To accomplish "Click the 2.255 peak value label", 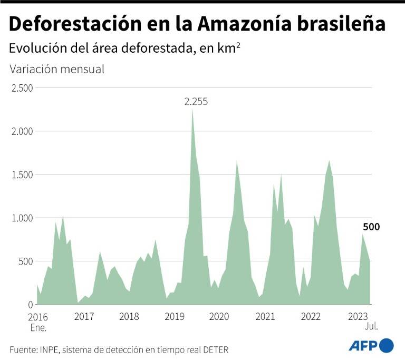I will click(196, 101).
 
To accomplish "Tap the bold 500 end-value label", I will click(371, 227).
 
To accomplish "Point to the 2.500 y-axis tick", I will click(22, 88).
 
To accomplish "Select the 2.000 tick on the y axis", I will click(22, 131).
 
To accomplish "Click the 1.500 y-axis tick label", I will click(22, 174).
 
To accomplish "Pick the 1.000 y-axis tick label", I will click(22, 218).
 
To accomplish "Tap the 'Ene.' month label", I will click(38, 327).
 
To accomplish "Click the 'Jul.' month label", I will click(371, 327).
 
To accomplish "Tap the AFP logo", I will click(371, 345).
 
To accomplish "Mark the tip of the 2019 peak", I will click(192, 109).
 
